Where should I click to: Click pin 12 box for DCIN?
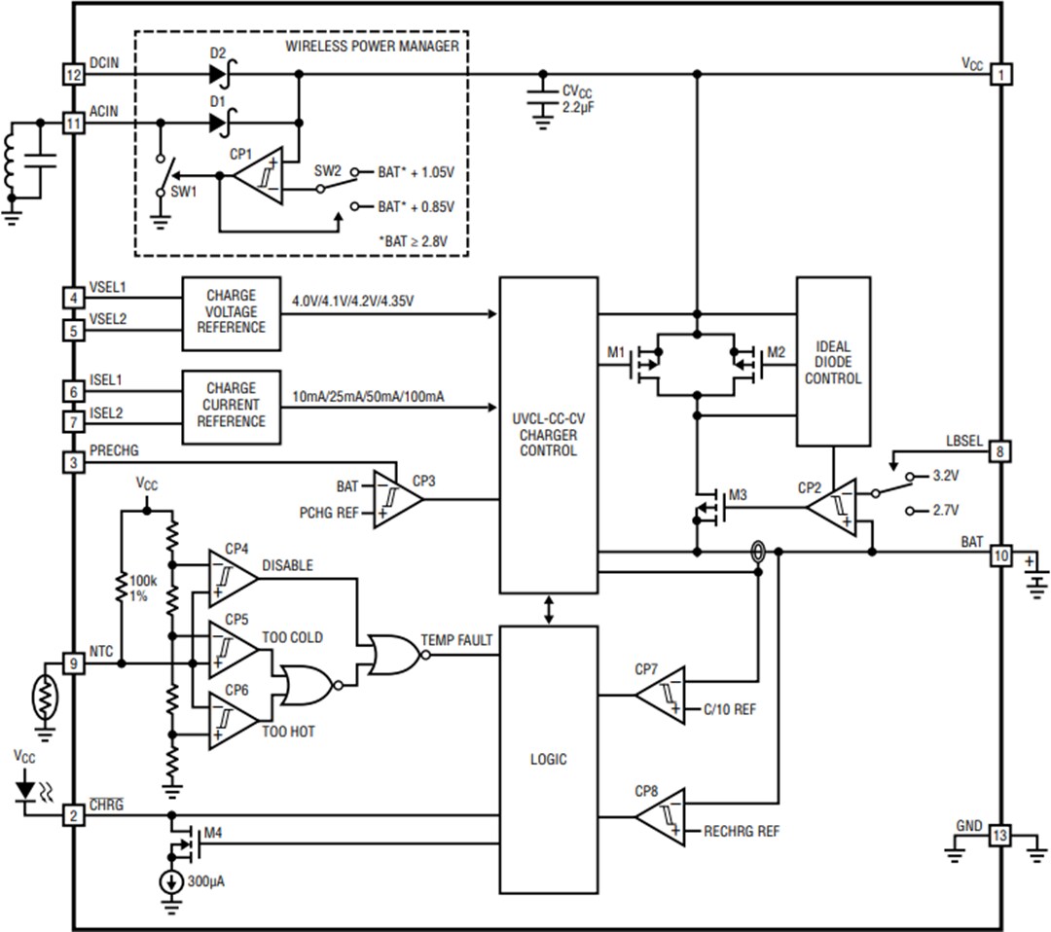73,74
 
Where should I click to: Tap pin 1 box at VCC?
1000,74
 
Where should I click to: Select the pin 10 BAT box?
1000,556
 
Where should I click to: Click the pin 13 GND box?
1000,836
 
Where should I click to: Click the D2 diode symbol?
218,74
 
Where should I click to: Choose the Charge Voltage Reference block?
231,312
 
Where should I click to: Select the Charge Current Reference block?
231,405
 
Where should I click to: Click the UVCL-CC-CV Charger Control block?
548,435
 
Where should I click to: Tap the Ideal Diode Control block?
833,362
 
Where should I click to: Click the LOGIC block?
548,759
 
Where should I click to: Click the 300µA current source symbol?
171,882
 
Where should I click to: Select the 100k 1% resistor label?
137,588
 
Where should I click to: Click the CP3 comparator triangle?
397,499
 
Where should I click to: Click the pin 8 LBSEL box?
1000,451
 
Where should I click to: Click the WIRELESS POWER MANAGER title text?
372,46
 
